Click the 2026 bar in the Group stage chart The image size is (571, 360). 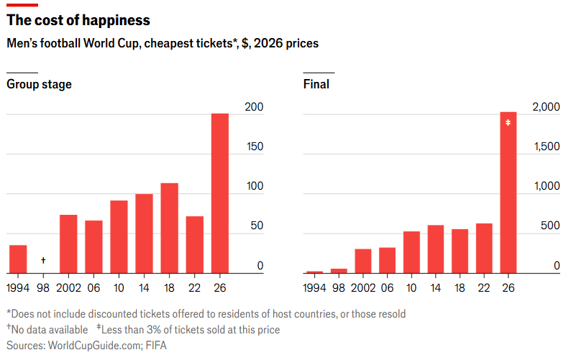point(220,193)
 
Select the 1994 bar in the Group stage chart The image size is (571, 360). point(18,259)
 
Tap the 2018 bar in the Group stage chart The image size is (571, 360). point(169,229)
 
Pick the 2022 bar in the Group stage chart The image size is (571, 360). point(195,244)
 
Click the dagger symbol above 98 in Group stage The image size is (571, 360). point(43,260)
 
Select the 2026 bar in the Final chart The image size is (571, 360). point(508,193)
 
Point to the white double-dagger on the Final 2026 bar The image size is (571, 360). point(508,123)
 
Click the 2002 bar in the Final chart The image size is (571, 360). point(363,261)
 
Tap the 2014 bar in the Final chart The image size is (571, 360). point(436,249)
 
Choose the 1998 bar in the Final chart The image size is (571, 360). point(339,271)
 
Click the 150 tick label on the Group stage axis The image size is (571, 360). point(255,147)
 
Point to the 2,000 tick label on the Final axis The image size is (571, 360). point(546,106)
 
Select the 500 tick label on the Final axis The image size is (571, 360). point(550,226)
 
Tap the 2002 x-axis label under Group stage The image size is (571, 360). point(68,288)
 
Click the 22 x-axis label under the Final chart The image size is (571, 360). point(484,288)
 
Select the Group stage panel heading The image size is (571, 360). point(39,84)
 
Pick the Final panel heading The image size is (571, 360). point(316,84)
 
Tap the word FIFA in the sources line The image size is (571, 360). point(156,345)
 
